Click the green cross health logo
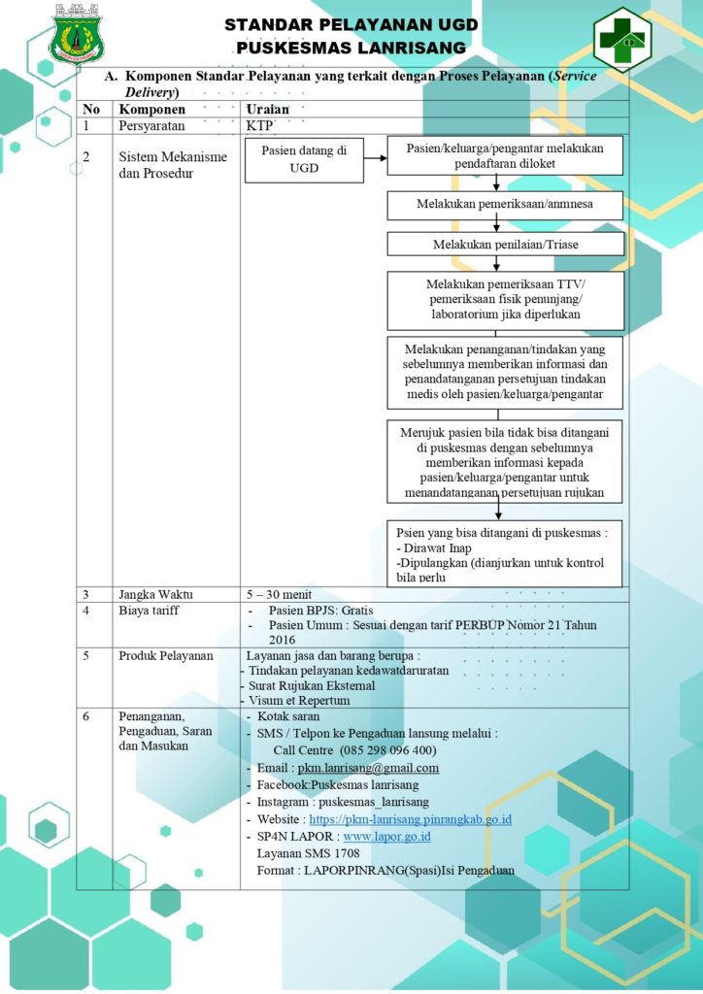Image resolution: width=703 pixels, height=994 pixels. pyautogui.click(x=622, y=38)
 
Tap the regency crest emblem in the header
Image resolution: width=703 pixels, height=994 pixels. pyautogui.click(x=77, y=35)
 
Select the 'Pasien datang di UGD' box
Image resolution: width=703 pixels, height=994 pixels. pyautogui.click(x=304, y=160)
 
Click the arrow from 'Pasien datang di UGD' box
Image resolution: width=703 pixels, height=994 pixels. pyautogui.click(x=375, y=158)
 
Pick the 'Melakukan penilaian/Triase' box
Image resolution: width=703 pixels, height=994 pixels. pyautogui.click(x=505, y=244)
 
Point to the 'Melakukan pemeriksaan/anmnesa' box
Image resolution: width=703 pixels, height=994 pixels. pyautogui.click(x=505, y=205)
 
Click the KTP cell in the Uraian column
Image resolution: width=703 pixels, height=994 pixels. pyautogui.click(x=259, y=125)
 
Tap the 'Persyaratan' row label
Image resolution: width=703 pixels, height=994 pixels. pyautogui.click(x=152, y=125)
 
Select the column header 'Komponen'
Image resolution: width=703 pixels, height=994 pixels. pyautogui.click(x=152, y=109)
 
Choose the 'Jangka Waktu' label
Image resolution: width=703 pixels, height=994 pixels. pyautogui.click(x=155, y=595)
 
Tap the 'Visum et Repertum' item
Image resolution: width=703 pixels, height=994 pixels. pyautogui.click(x=298, y=701)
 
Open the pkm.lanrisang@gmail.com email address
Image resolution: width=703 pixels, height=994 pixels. pyautogui.click(x=368, y=769)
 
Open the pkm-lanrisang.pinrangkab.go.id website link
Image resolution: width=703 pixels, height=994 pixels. pyautogui.click(x=410, y=819)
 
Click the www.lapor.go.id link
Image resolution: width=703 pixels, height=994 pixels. pyautogui.click(x=386, y=837)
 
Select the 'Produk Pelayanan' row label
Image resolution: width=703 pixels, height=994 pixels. pyautogui.click(x=166, y=655)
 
